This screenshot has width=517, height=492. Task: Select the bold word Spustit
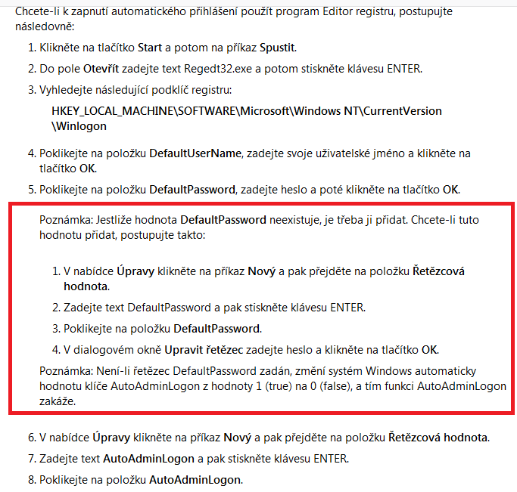278,48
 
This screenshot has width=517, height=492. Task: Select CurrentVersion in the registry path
401,111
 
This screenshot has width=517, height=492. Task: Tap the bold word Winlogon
79,127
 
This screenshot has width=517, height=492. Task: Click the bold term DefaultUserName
195,153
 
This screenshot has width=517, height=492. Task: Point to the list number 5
32,189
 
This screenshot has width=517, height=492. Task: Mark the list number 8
32,480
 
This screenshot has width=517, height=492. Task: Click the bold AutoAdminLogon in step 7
139,459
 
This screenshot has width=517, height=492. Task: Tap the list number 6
32,438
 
